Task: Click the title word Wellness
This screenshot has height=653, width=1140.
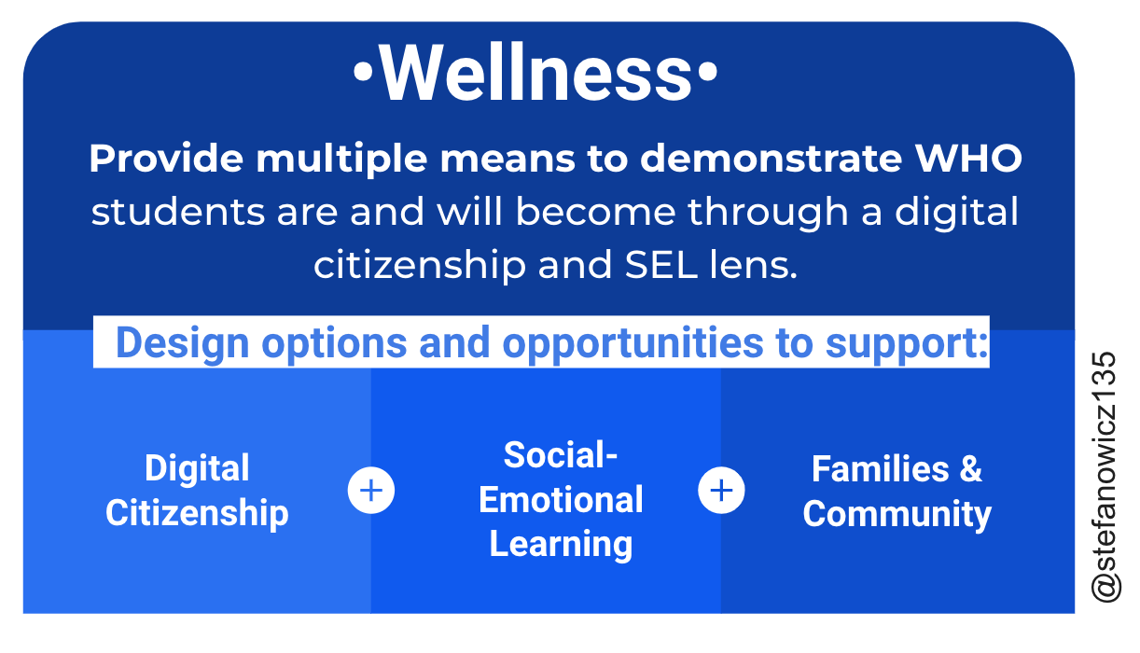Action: coord(535,72)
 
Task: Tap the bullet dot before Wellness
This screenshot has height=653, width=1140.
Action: coord(364,72)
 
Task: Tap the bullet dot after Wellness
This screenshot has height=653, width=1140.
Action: coord(707,72)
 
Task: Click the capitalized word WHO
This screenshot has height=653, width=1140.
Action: coord(968,159)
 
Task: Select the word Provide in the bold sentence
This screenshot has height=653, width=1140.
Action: coord(166,159)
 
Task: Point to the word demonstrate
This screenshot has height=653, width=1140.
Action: coord(771,159)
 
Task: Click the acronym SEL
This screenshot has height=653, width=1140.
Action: coord(660,265)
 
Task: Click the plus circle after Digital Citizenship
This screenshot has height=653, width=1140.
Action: coord(371,490)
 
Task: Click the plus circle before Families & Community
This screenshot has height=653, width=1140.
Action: coord(721,490)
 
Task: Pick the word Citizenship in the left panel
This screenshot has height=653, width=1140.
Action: coord(197,513)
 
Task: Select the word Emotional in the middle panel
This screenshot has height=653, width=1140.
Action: coord(561,499)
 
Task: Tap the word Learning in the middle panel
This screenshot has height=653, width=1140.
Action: coord(561,544)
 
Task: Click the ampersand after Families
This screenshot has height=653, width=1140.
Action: coord(970,468)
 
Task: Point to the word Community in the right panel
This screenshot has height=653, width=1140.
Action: coord(897,514)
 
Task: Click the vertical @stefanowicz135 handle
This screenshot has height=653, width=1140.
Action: coord(1105,478)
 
